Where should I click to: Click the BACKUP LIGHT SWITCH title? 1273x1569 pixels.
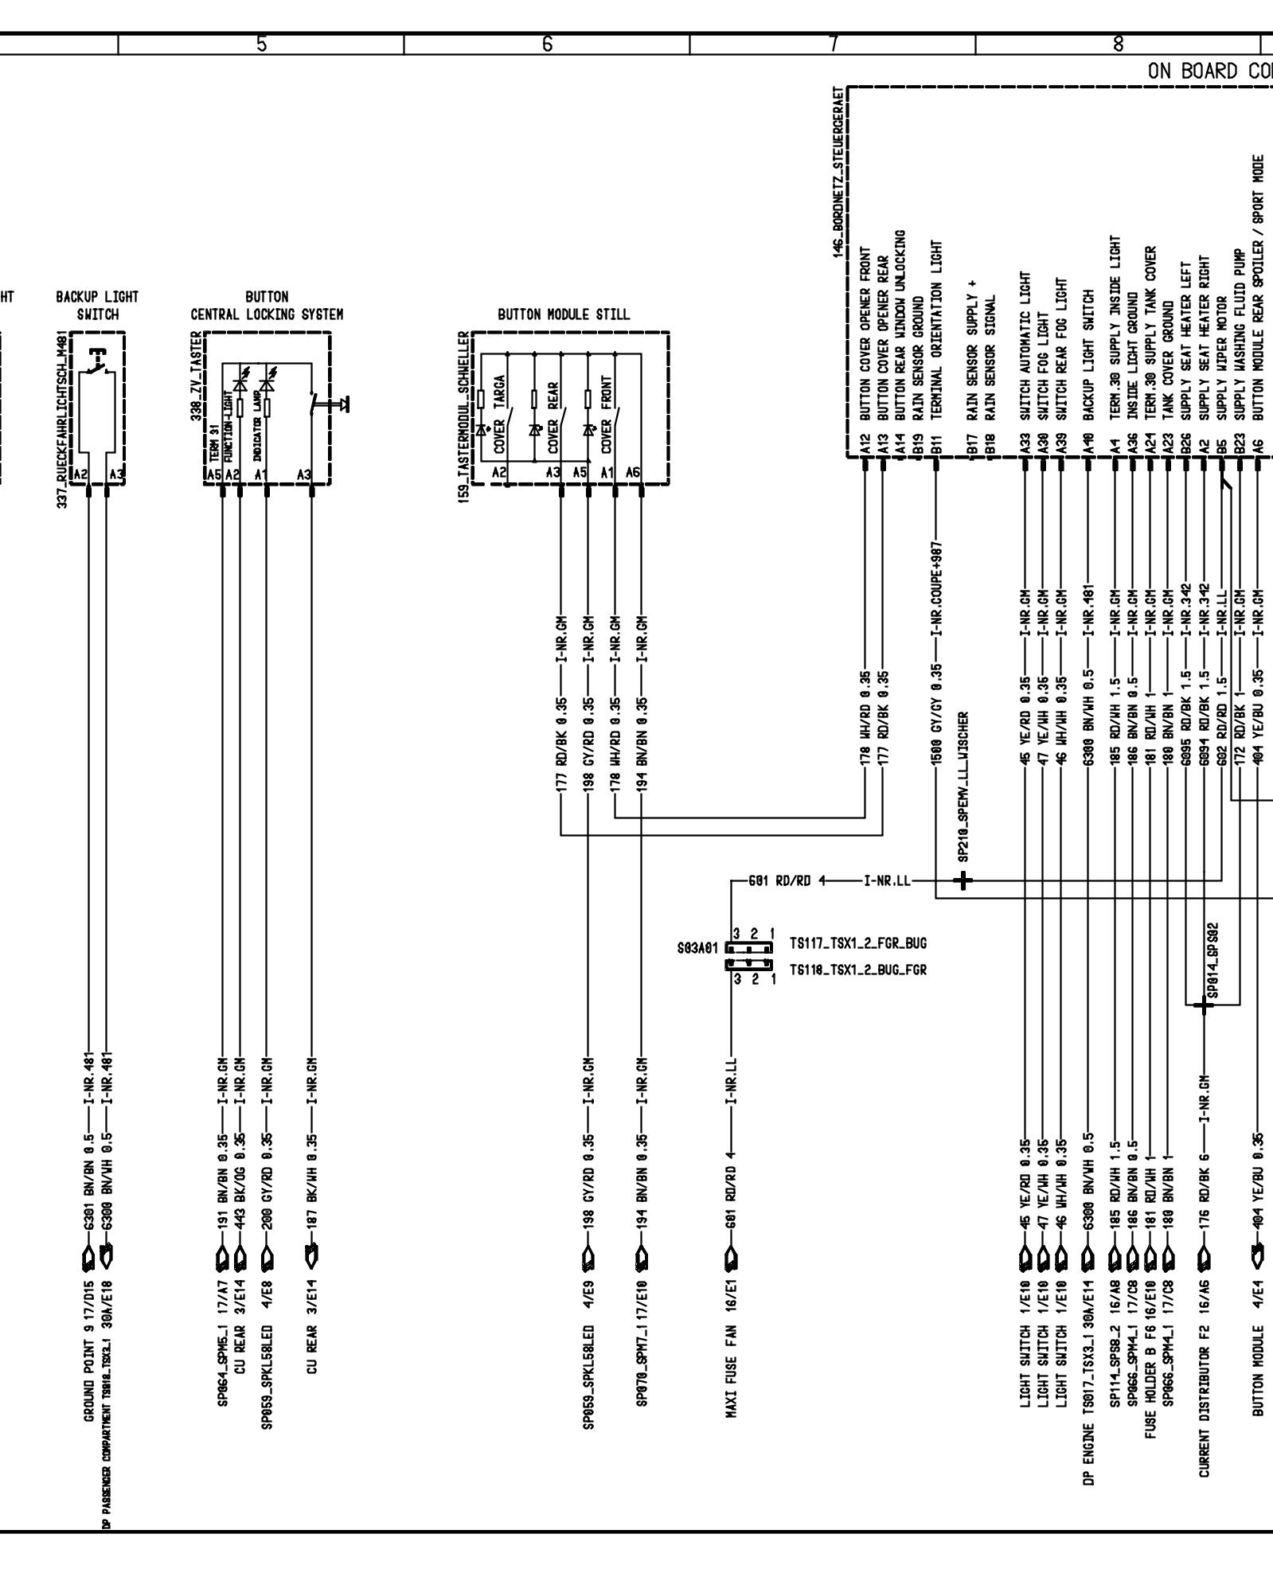coord(97,306)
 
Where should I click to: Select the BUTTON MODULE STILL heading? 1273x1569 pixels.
coord(563,314)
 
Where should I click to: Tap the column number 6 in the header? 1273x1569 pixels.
coord(547,45)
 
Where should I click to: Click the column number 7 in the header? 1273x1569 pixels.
coord(833,45)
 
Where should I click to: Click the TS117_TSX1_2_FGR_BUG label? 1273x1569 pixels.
coord(857,944)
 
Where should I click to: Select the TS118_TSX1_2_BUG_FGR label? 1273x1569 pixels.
coord(857,970)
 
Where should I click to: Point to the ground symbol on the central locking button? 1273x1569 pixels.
coord(344,404)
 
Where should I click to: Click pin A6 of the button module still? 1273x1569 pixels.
coord(633,473)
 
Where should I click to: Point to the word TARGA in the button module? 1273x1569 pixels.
coord(498,392)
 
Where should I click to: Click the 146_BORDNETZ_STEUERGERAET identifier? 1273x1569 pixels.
coord(835,171)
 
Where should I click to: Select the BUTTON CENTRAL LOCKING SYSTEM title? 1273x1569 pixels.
coord(267,306)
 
